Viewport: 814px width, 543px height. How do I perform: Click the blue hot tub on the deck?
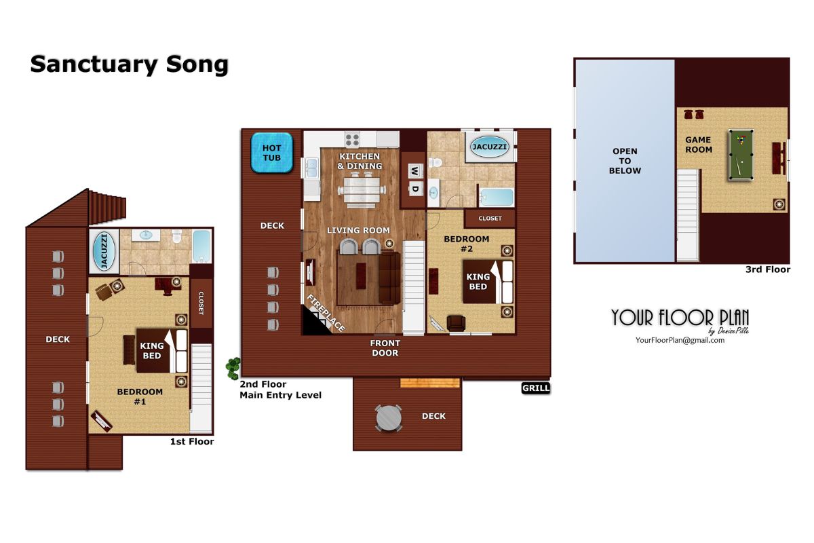(x=272, y=153)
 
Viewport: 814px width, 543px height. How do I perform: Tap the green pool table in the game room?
(x=741, y=155)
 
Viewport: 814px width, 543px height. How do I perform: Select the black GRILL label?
(x=536, y=388)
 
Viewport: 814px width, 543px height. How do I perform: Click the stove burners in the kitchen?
(x=352, y=140)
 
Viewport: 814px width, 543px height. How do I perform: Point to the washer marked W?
(x=415, y=171)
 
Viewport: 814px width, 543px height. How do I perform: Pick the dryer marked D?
(x=415, y=189)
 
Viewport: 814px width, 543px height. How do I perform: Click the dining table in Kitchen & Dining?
(x=362, y=190)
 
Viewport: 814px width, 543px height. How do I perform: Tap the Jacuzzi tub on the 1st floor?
(x=104, y=251)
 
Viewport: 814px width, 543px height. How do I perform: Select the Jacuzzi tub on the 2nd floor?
(x=490, y=147)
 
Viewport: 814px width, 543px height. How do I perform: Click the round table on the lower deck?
(x=389, y=418)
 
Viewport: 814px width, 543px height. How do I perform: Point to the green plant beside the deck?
(x=233, y=369)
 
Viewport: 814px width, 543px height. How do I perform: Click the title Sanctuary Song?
(x=130, y=64)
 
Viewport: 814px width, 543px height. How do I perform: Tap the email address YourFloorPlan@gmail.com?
(x=680, y=341)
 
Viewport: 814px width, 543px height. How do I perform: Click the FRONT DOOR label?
(x=385, y=348)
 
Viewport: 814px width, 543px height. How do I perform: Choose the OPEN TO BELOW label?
(x=625, y=161)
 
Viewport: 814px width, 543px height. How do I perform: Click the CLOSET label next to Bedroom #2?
(x=490, y=219)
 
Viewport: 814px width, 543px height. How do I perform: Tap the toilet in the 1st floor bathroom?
(x=176, y=236)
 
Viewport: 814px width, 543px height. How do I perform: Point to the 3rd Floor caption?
(x=768, y=269)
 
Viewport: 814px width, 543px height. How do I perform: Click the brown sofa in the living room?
(x=389, y=278)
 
